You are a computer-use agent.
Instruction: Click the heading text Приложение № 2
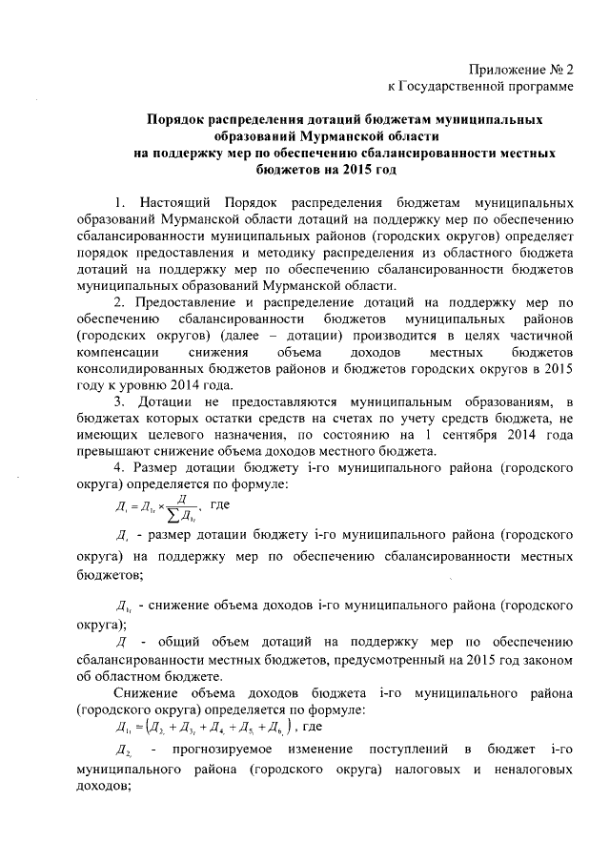pyautogui.click(x=522, y=70)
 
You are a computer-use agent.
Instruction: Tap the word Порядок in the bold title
pyautogui.click(x=178, y=120)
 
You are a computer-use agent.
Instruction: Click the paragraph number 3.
pyautogui.click(x=118, y=402)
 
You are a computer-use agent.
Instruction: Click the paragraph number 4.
pyautogui.click(x=118, y=469)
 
